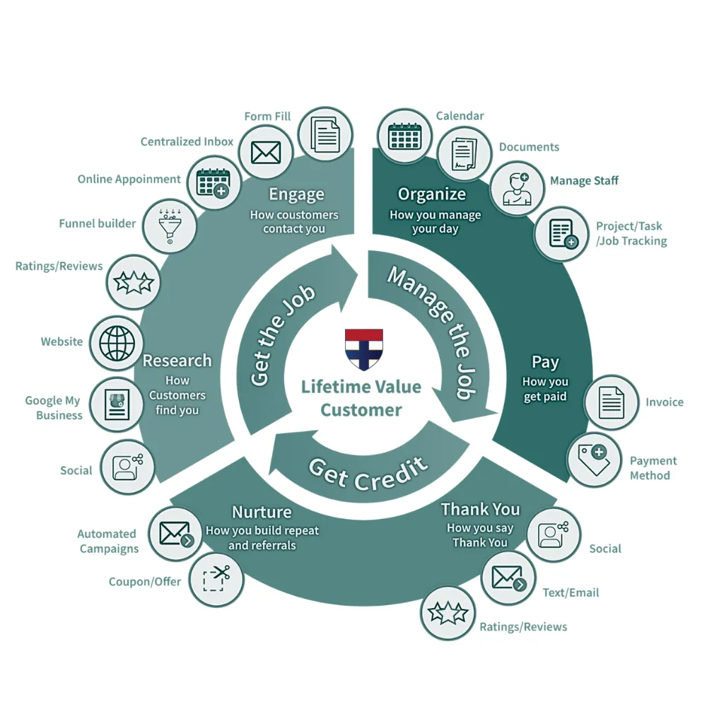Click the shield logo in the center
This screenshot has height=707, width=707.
coord(364,349)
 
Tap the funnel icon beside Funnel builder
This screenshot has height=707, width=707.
coord(170,226)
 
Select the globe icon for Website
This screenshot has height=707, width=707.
coord(117,343)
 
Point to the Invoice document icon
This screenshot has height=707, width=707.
coord(612,402)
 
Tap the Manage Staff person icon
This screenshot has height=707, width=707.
coord(518,189)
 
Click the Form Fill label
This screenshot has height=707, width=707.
coord(267,117)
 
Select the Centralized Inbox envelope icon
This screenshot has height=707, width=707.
coord(266,153)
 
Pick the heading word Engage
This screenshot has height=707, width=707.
coord(296,194)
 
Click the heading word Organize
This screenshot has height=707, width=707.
coord(431,194)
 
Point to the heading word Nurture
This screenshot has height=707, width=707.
coord(262,512)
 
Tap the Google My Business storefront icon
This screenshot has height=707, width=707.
coord(117,404)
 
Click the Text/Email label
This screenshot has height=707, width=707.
coord(571,592)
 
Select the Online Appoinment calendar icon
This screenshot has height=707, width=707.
coord(214,182)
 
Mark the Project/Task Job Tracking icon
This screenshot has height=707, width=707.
coord(563,233)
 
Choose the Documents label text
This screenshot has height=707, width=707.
coord(529,147)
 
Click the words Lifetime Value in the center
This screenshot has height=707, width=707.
coord(361,387)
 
